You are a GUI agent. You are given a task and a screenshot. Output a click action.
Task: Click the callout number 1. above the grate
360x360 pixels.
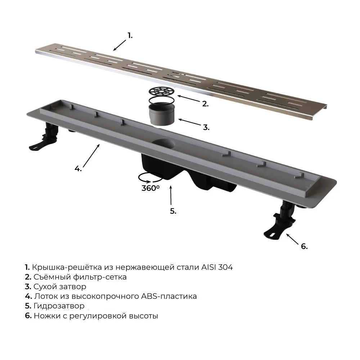pyautogui.click(x=130, y=36)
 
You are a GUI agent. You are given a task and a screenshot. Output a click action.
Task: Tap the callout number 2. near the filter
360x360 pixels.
pyautogui.click(x=205, y=104)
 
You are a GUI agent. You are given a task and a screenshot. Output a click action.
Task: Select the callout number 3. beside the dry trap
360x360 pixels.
pyautogui.click(x=206, y=127)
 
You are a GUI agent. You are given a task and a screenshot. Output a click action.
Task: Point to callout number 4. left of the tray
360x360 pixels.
pyautogui.click(x=78, y=169)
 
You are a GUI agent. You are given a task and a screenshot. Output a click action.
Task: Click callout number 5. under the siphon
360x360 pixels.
pyautogui.click(x=173, y=211)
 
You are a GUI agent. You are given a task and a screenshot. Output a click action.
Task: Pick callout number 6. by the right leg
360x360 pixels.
pyautogui.click(x=304, y=246)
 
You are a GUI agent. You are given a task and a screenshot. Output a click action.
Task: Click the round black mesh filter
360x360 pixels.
pyautogui.click(x=161, y=91)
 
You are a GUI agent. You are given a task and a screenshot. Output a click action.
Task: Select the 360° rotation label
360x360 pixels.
pyautogui.click(x=150, y=188)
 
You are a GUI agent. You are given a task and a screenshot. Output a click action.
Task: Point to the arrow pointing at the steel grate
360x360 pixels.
pyautogui.click(x=120, y=45)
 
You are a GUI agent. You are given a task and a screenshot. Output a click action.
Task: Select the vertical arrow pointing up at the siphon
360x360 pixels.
pyautogui.click(x=171, y=195)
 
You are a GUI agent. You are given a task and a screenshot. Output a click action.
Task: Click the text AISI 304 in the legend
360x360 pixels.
pyautogui.click(x=217, y=267)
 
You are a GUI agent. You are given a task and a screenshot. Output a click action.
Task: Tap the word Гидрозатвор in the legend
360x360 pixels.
pyautogui.click(x=59, y=306)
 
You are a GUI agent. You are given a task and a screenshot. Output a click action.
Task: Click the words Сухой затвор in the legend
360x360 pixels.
pyautogui.click(x=60, y=287)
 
